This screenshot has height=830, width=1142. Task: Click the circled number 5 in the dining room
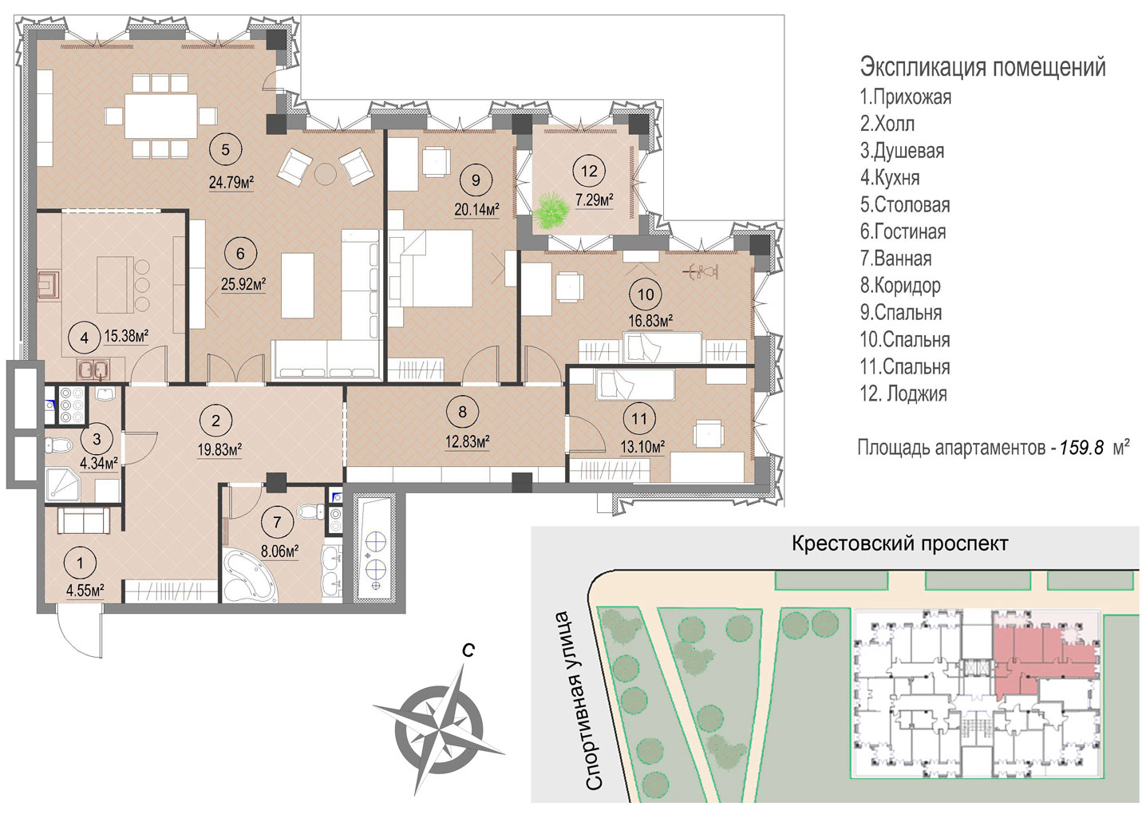coord(225,149)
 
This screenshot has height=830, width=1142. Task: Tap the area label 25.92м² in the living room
coord(243,284)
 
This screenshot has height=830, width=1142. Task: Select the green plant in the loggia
coord(551,211)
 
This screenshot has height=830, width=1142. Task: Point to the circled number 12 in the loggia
coord(589,171)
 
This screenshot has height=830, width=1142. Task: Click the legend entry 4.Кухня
coord(890,177)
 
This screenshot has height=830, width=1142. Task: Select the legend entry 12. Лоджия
coord(903,393)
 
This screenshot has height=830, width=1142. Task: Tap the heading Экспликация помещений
coord(983,67)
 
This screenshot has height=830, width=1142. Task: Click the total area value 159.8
coord(1081,447)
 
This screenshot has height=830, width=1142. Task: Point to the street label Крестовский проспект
coord(900,543)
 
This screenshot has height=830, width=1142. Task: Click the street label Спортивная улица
coord(577,701)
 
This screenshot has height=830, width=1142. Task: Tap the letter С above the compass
coord(468,650)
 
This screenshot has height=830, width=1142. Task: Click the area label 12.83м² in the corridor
coord(468,441)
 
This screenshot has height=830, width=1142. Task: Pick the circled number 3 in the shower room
coord(97,438)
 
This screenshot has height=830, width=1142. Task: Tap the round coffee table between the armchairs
coord(325,174)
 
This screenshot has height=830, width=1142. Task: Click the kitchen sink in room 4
coord(93,370)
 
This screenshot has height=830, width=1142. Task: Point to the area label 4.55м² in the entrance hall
coord(85,591)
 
